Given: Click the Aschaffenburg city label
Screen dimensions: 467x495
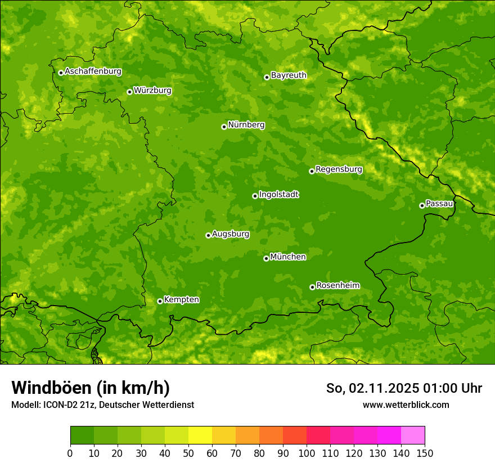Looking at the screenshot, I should [93, 71].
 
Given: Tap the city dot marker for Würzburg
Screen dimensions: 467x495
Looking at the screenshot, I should [129, 92].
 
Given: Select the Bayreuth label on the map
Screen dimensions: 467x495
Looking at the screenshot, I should [289, 75].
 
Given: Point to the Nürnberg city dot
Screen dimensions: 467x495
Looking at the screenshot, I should [224, 127].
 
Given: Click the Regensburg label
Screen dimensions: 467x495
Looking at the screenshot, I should [339, 169].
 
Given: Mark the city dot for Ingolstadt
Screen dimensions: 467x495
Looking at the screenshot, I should [255, 196].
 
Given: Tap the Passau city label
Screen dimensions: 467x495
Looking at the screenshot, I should [439, 204].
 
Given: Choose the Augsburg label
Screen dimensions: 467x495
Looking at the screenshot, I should [231, 234].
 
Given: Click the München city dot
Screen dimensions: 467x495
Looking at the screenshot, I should [266, 258].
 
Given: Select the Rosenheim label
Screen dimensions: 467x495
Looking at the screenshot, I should [337, 286].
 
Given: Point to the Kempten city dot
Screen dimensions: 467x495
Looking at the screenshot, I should [160, 301].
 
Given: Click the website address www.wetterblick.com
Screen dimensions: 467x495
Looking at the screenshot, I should [406, 405].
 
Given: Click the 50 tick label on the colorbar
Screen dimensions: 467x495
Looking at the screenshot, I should [188, 453].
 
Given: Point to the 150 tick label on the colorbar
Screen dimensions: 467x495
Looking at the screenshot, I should [425, 453].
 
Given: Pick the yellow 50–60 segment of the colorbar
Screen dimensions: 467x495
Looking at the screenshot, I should [200, 435].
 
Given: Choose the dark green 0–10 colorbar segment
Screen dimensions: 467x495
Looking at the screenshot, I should [82, 435].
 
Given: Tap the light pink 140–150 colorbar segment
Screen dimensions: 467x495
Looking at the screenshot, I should [413, 435].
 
